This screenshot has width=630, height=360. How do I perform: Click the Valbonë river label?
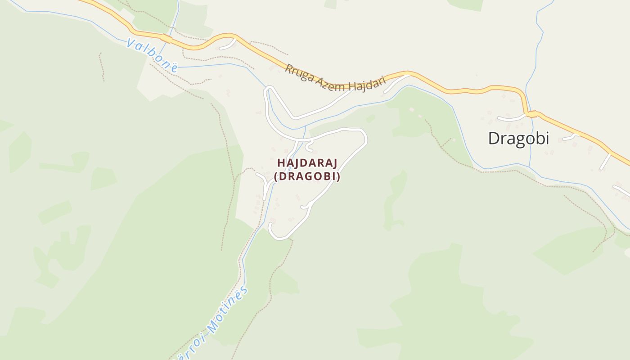click(152, 55)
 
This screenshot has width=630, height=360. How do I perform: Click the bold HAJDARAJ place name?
click(307, 162)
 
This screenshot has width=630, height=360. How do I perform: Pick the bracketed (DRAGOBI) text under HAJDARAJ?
click(307, 177)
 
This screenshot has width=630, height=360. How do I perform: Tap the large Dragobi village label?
click(518, 138)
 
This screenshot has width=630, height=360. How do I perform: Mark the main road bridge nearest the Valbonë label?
click(167, 39)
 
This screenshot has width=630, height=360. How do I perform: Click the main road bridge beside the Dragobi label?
click(532, 114)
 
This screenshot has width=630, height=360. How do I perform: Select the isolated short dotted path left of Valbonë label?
click(102, 67)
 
